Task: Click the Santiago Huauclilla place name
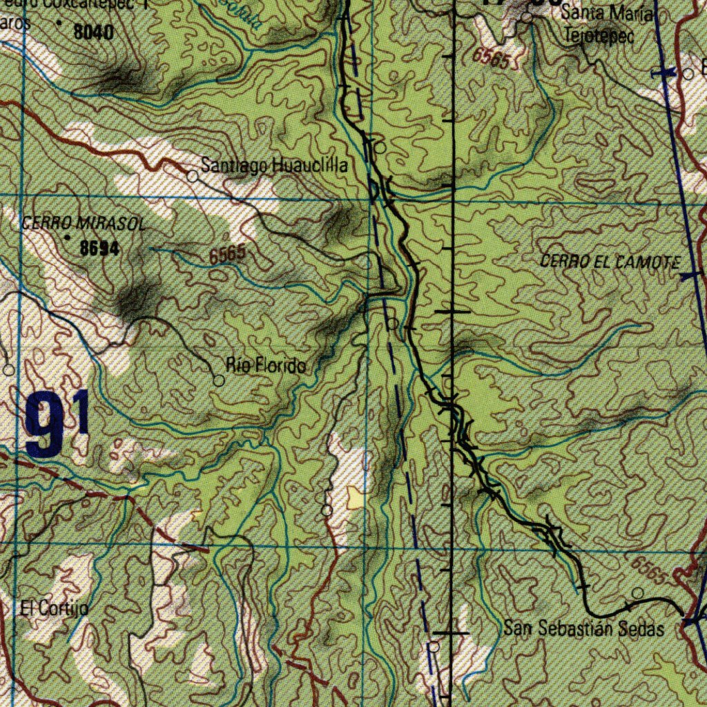tap(274, 166)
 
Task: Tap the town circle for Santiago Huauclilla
tap(193, 176)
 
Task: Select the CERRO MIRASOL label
tap(84, 224)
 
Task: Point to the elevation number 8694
tap(99, 249)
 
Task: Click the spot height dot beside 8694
tap(68, 238)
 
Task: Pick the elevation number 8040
tap(94, 31)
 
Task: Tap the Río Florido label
tap(266, 365)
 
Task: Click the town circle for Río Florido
tap(218, 380)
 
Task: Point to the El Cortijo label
tap(54, 609)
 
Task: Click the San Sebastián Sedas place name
tap(583, 629)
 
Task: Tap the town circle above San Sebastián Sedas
tap(638, 593)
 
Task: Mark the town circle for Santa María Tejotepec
tap(527, 17)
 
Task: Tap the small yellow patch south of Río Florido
tap(356, 498)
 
